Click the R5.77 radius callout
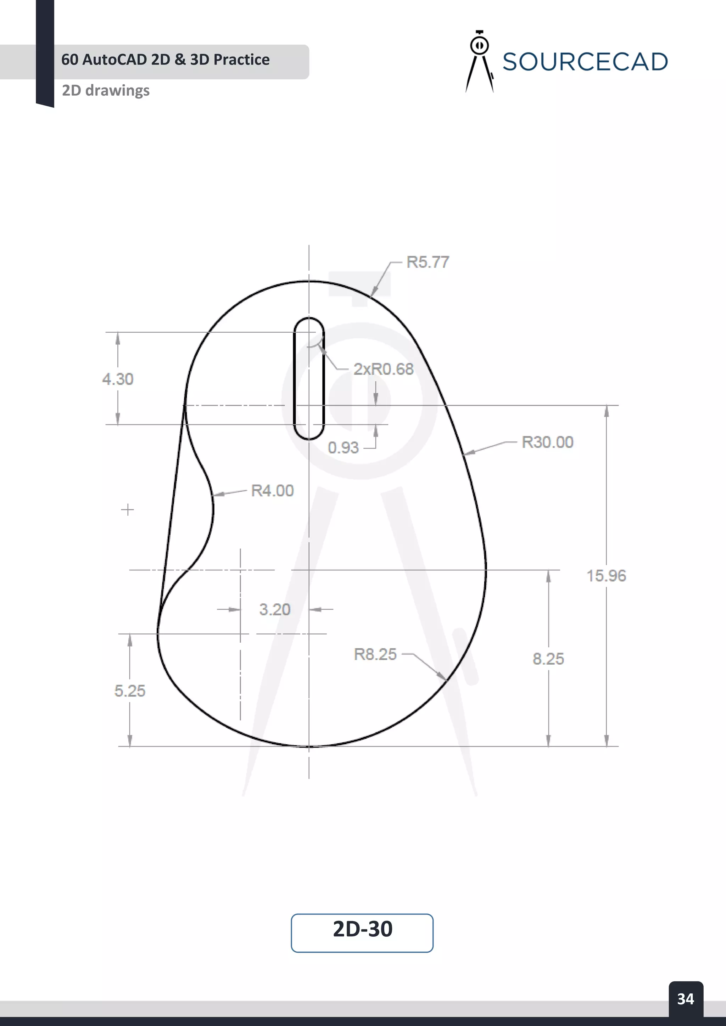(428, 262)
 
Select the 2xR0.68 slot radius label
(383, 369)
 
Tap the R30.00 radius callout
(547, 442)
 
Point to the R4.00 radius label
(272, 491)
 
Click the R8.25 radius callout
(375, 654)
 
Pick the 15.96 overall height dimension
(606, 576)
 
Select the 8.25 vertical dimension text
(548, 659)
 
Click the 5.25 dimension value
(130, 691)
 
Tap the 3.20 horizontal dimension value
(274, 609)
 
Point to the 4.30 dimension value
(118, 379)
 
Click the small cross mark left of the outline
(127, 509)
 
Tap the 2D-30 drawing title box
(362, 933)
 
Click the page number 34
(685, 999)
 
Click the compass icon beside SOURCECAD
(479, 61)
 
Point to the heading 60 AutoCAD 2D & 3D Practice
(166, 60)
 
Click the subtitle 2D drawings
(106, 90)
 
